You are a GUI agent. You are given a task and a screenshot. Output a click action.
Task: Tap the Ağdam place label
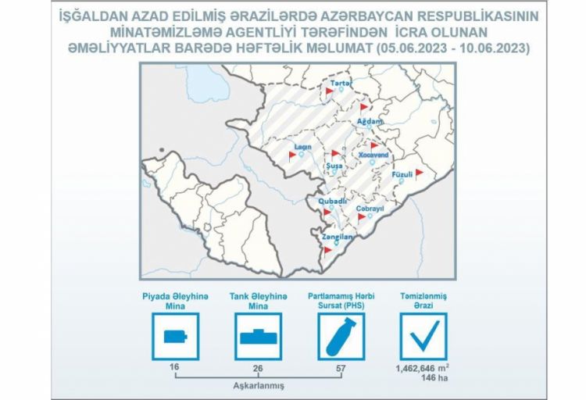[370, 122]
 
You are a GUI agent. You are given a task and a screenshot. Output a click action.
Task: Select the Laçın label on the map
[303, 146]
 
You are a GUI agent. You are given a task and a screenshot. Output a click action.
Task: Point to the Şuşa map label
[332, 166]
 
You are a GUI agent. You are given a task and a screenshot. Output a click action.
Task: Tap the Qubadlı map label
[333, 201]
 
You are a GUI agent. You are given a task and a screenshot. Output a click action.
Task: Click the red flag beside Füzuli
[419, 173]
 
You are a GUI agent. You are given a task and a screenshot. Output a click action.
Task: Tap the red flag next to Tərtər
[330, 91]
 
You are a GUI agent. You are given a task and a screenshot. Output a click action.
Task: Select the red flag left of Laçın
[292, 155]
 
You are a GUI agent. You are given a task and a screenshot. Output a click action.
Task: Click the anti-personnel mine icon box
[175, 337]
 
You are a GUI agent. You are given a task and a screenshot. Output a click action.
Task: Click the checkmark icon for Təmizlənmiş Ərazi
[423, 337]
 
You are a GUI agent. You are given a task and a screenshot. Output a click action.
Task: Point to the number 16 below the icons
[174, 366]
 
